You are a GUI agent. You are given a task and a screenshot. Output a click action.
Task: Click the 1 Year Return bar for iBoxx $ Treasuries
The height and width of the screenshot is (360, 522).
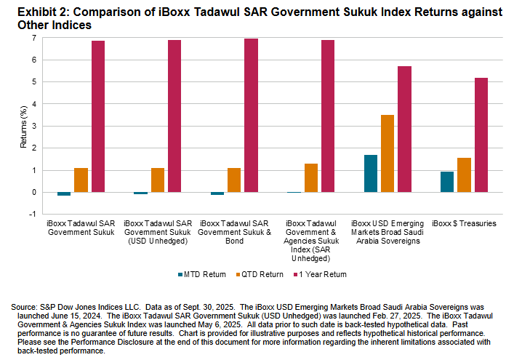pos(481,135)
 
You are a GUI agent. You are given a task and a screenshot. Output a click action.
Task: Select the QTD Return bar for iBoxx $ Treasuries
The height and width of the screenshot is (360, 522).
pos(465,175)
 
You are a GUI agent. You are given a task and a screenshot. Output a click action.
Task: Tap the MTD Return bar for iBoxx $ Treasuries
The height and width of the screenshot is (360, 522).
pos(447,182)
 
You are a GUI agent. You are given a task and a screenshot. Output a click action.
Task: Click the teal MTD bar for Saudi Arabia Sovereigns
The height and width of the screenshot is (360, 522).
pos(370,174)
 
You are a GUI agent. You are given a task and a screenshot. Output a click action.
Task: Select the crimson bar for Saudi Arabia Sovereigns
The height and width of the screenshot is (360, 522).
pos(404,129)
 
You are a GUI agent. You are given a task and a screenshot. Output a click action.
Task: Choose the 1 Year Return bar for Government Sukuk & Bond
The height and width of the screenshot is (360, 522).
pos(251,116)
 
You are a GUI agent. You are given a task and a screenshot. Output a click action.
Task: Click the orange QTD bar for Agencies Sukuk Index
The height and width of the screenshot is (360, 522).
pos(311,178)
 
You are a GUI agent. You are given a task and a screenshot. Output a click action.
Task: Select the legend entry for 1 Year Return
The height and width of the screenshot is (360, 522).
pos(323,274)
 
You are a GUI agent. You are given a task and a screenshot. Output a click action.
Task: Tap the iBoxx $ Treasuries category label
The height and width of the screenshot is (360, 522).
pos(464,223)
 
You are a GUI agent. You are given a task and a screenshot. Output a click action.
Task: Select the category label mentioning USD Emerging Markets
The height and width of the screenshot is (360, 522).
pos(388,232)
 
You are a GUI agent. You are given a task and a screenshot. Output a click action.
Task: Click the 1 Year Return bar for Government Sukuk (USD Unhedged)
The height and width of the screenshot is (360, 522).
pos(174,116)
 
